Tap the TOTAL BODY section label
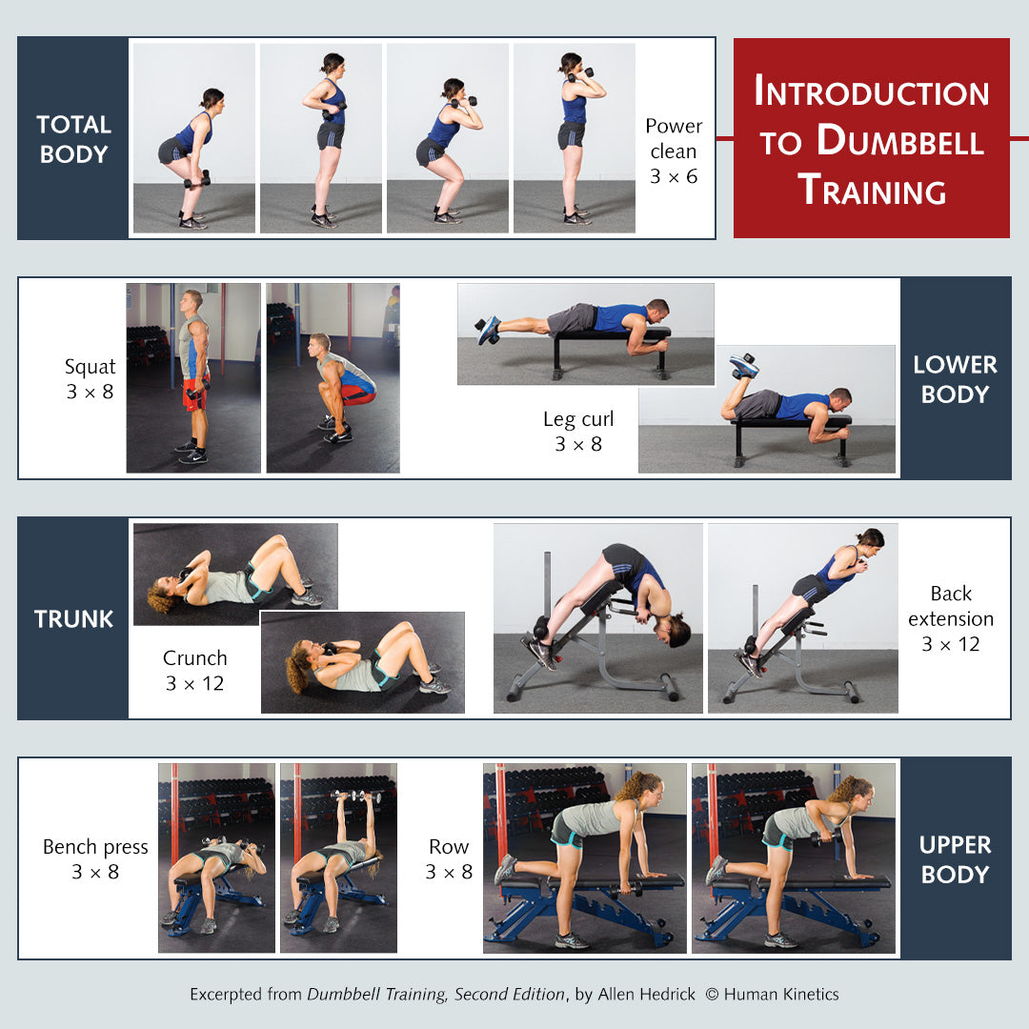click(x=73, y=139)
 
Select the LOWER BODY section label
click(x=955, y=379)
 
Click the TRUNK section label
click(x=73, y=619)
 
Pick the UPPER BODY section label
click(x=955, y=859)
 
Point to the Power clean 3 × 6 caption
click(x=674, y=151)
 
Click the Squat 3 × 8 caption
click(x=90, y=378)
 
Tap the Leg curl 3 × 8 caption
click(x=578, y=432)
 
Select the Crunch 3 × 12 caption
click(x=195, y=671)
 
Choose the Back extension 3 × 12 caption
click(x=951, y=619)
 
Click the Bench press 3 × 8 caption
click(x=95, y=859)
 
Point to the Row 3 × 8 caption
click(x=449, y=859)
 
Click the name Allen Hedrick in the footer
click(x=646, y=994)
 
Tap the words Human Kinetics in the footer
click(x=781, y=994)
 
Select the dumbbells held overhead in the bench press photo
click(x=356, y=796)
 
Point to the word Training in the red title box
click(x=872, y=190)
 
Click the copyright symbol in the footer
click(x=712, y=994)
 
